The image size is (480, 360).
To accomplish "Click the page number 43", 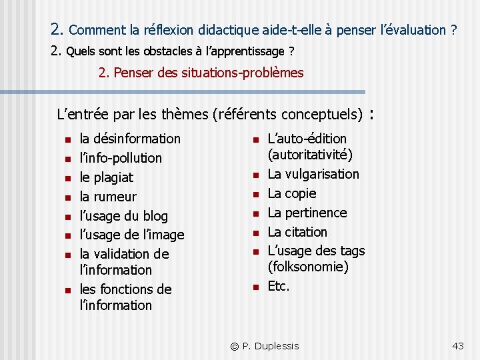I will click(457, 346).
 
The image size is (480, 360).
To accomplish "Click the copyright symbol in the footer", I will click(235, 346).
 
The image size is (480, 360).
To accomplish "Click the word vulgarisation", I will click(323, 174).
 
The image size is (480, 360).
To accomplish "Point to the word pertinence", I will click(316, 213).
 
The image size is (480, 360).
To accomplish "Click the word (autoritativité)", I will click(310, 155).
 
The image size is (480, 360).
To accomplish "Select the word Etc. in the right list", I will click(279, 287).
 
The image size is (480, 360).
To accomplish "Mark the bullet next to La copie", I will click(255, 194).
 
